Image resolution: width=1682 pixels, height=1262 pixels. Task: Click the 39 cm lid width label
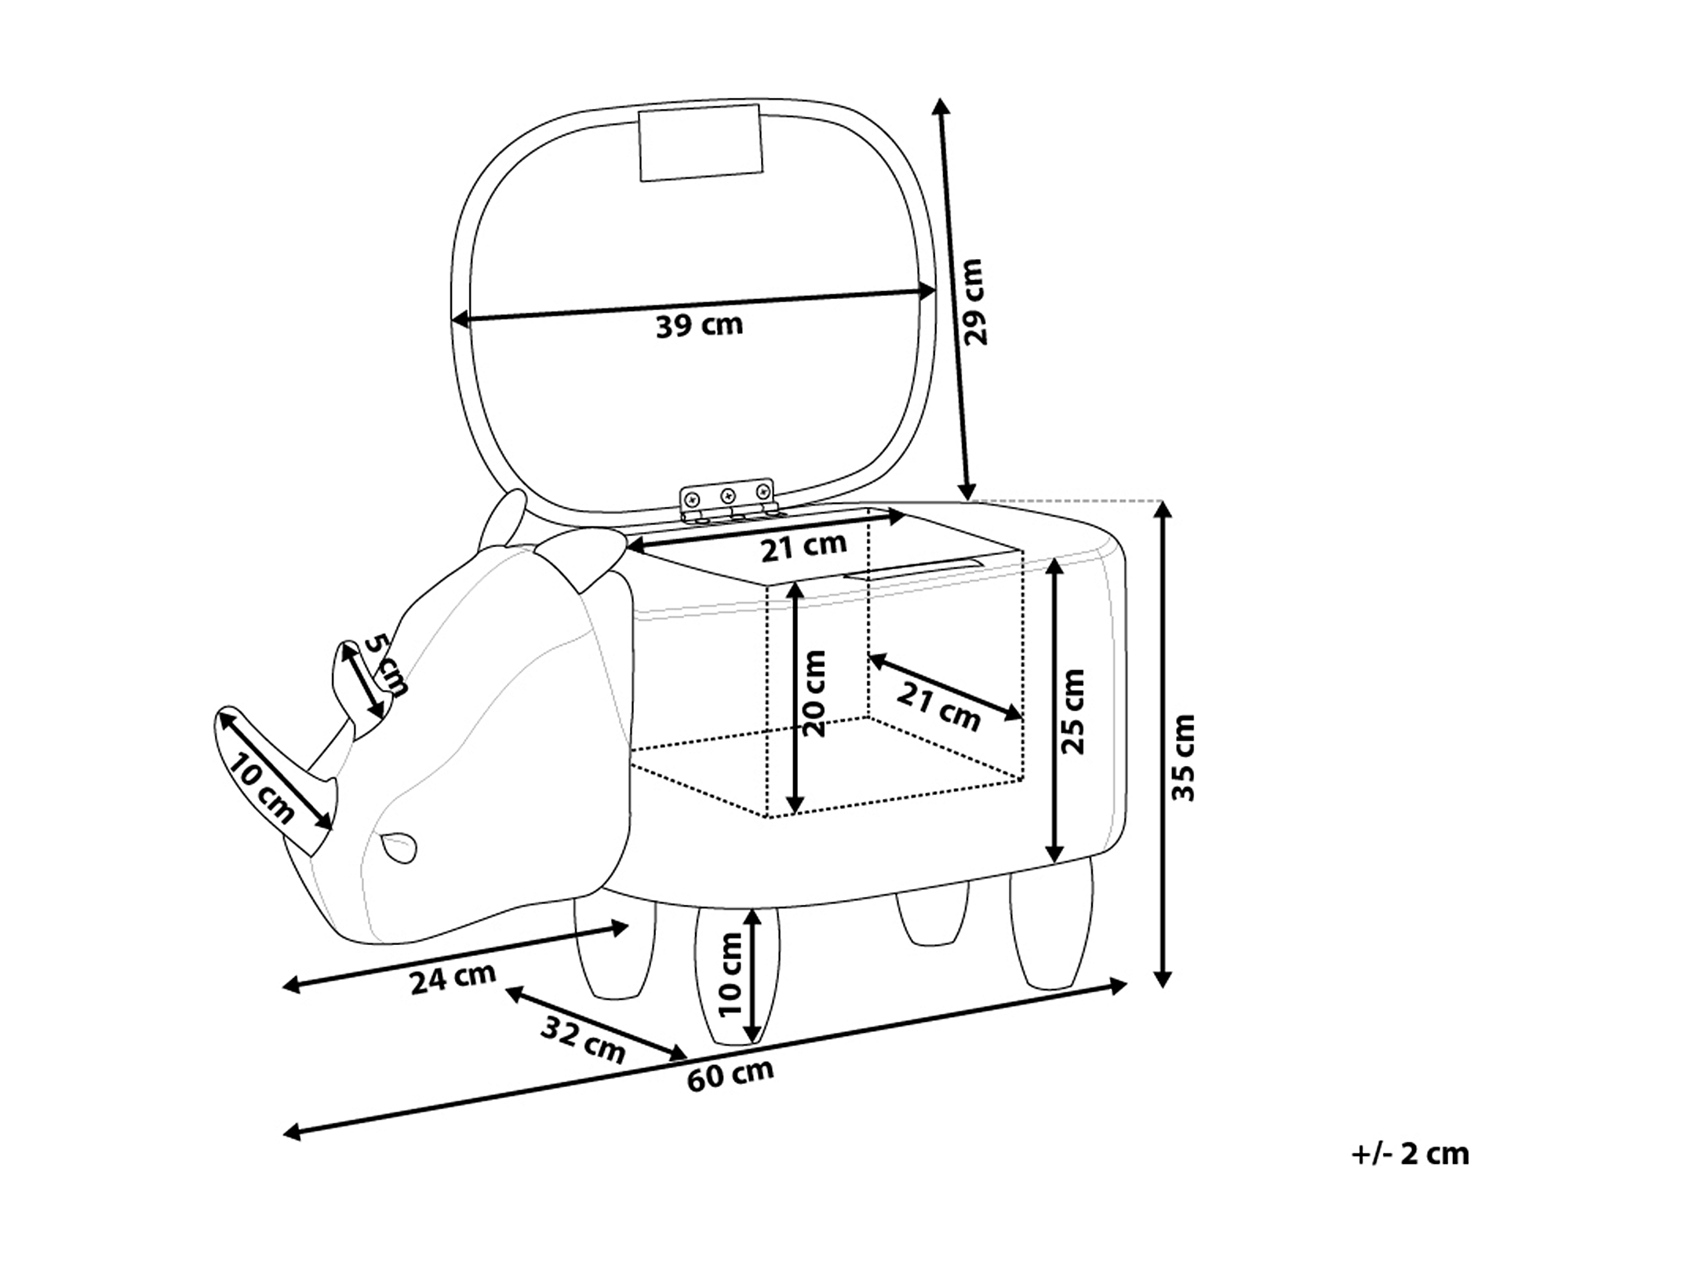click(699, 325)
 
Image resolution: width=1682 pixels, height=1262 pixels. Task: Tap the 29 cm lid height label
click(974, 302)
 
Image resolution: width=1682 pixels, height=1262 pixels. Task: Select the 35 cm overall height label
click(1183, 757)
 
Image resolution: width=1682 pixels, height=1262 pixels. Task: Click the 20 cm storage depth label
click(815, 694)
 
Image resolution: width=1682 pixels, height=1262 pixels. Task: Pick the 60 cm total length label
click(730, 1074)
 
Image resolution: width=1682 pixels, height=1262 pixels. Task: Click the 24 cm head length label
click(453, 979)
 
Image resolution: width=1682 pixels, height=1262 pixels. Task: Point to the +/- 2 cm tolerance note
click(1410, 1154)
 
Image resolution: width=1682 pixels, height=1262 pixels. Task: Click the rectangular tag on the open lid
click(700, 142)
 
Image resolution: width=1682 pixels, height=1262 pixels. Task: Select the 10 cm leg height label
click(730, 974)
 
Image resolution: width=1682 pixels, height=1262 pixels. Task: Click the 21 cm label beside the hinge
click(803, 546)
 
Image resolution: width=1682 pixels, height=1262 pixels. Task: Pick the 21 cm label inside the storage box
click(938, 706)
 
